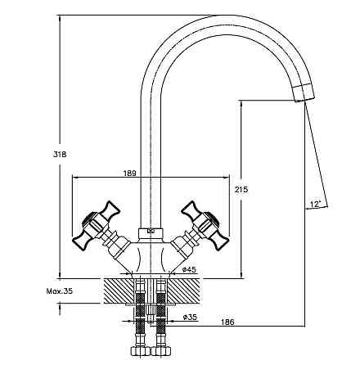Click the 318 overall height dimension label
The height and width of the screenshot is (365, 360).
coord(60,155)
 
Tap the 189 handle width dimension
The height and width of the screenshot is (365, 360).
coord(129,173)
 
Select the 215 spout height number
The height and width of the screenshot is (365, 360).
coord(241,189)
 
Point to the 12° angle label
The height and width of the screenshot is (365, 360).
coord(315,204)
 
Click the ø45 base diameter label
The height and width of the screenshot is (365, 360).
coord(189,269)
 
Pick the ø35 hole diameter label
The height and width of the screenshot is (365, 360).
coord(190,317)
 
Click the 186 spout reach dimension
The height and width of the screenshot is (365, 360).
coord(227,322)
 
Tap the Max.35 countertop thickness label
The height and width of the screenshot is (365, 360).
coord(60,291)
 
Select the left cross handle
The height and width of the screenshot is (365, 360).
coord(96,226)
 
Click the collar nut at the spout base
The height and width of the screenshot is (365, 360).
coord(151,233)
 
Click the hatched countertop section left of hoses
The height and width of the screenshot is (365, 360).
coord(119,291)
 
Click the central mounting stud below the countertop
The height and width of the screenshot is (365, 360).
coord(151,313)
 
